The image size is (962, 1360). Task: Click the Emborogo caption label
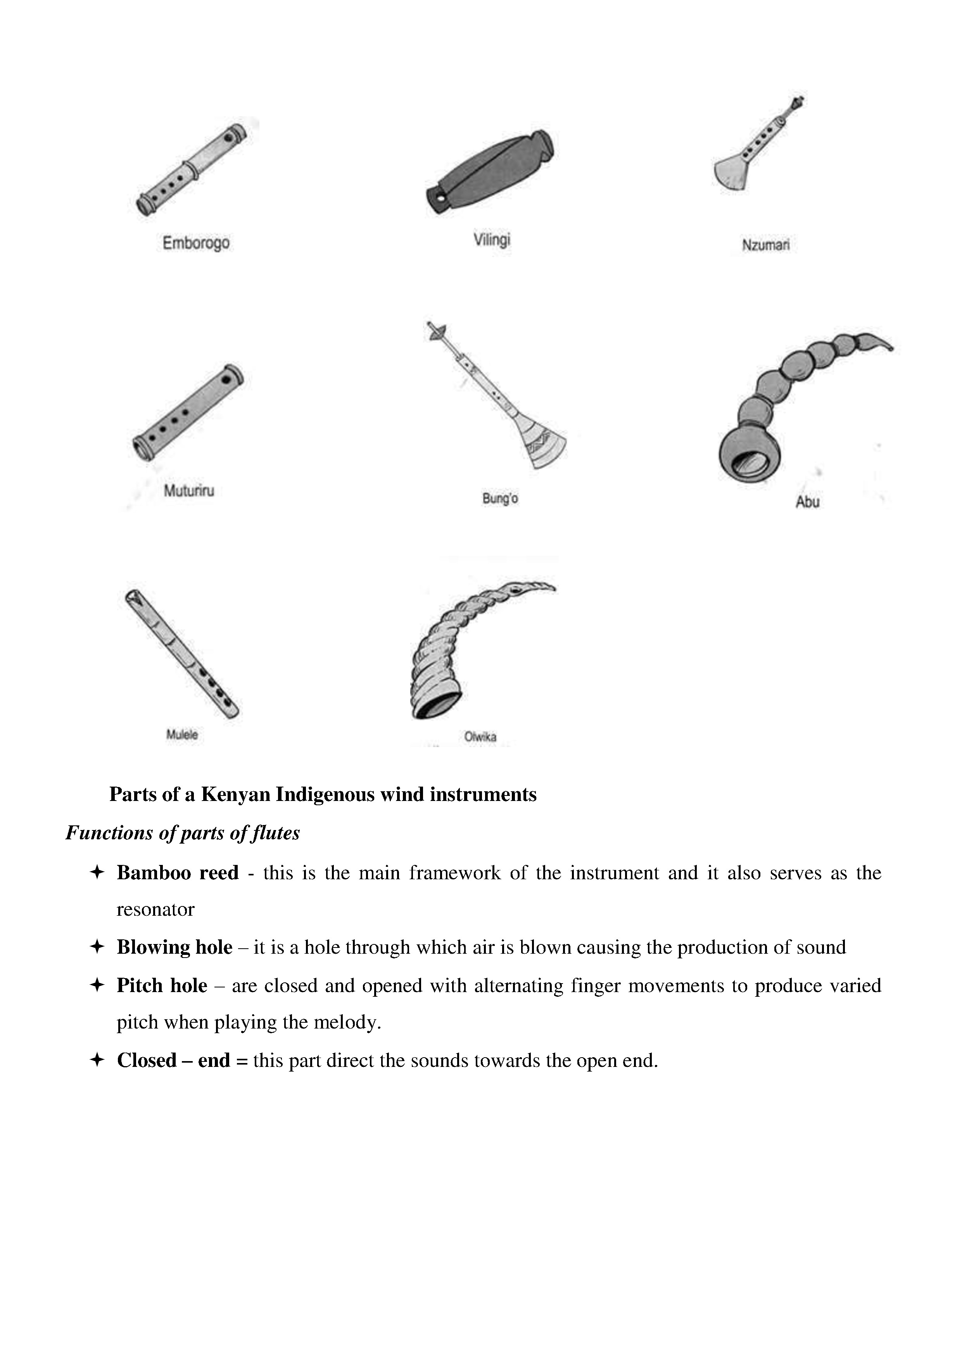[x=196, y=243]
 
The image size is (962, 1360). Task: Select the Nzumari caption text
[x=765, y=245]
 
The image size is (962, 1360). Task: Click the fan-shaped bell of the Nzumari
[x=732, y=173]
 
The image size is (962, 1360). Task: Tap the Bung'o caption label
[x=500, y=499]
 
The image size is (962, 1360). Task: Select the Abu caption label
[x=807, y=502]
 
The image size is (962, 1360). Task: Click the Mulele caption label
[x=182, y=735]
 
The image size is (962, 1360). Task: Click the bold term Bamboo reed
[x=177, y=873]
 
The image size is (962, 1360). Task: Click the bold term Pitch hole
[x=162, y=985]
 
